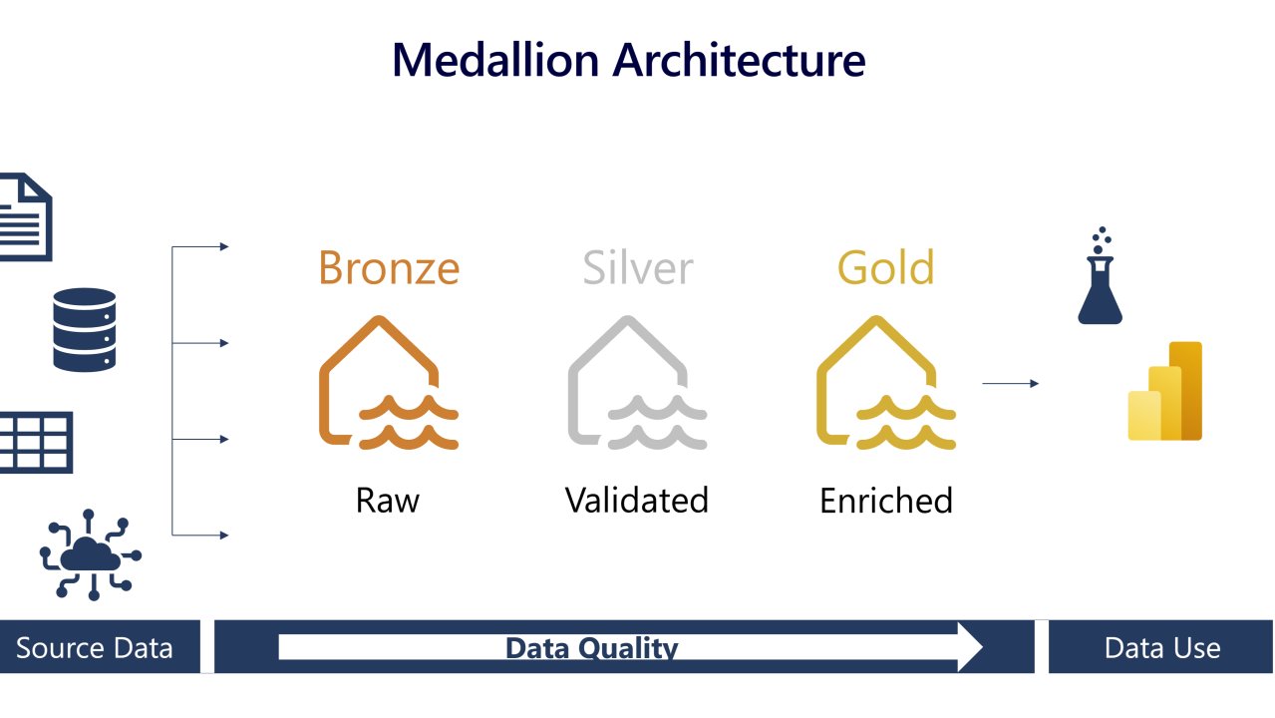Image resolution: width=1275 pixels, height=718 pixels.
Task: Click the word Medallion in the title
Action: pos(495,60)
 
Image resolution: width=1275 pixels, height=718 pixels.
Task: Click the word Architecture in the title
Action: pos(739,60)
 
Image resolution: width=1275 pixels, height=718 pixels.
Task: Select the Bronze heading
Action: pos(389,267)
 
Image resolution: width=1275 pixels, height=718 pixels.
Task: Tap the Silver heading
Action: pos(637,267)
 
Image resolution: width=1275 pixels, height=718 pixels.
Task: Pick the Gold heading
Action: pos(886,267)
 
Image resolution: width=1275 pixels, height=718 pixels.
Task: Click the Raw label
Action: pos(388,500)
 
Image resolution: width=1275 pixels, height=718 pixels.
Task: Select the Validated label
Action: pos(637,500)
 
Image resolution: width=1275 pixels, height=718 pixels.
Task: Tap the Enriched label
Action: pos(886,500)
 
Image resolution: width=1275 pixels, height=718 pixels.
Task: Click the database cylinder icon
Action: pos(85,330)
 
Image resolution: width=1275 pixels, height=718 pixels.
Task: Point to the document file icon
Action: pos(24,217)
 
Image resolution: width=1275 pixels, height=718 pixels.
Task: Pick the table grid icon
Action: pos(34,442)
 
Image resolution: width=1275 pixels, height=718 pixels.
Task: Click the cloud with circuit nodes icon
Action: pos(90,553)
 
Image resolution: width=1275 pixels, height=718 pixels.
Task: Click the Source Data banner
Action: pos(95,648)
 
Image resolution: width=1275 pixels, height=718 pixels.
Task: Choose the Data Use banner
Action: pos(1162,648)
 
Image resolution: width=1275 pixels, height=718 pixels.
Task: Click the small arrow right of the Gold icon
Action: pos(1010,383)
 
